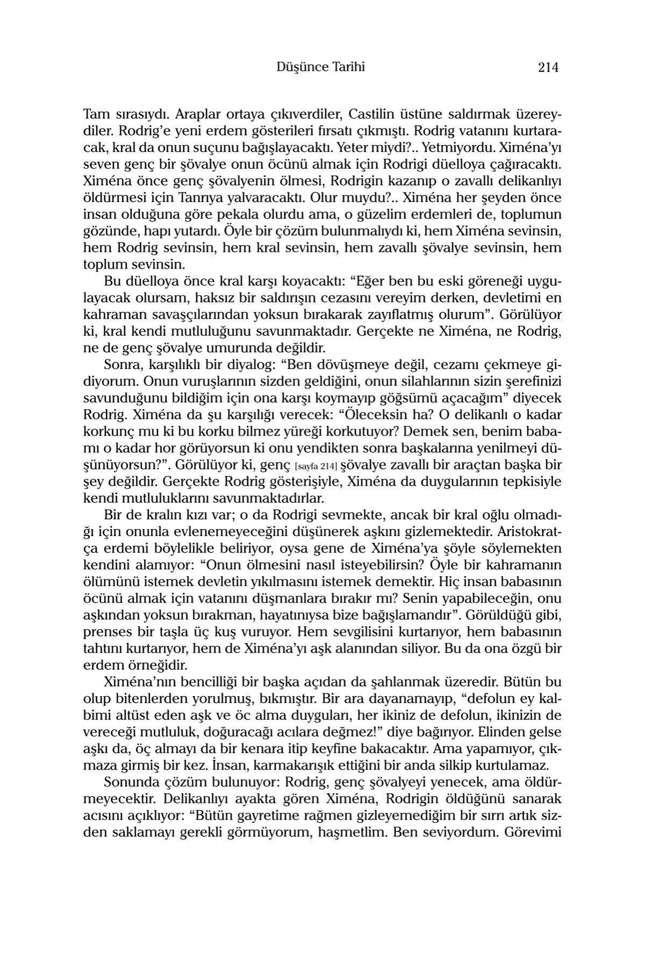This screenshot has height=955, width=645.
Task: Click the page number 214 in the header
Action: pos(548,68)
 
